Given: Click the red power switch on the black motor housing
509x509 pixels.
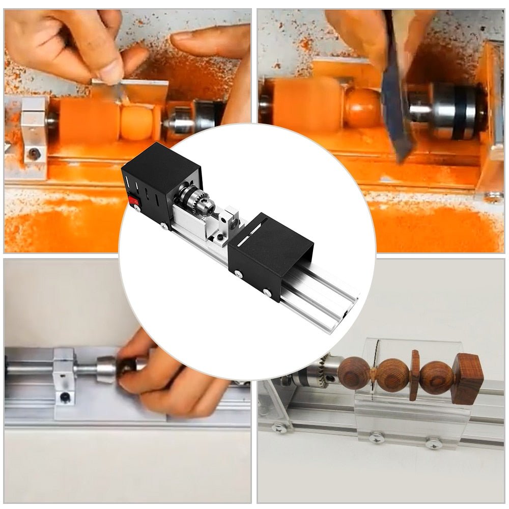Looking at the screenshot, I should [x=135, y=202].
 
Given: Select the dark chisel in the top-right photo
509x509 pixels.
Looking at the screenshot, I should [x=397, y=102].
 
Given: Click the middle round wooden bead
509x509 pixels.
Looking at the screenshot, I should [x=392, y=375].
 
